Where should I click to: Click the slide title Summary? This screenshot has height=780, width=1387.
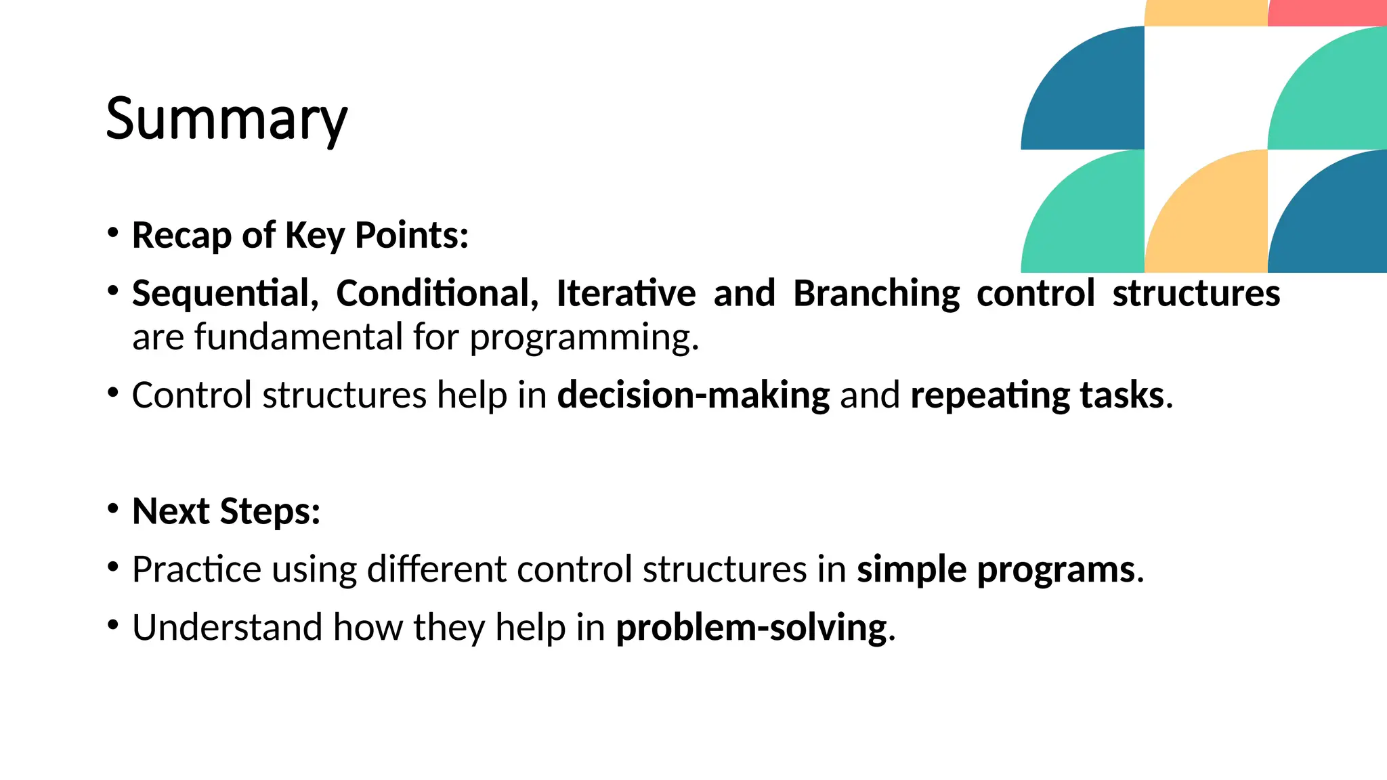pos(226,119)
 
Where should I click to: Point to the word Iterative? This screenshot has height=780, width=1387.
pos(626,294)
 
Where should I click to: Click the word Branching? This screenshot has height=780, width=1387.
pos(876,294)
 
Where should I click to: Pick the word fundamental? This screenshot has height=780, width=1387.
pos(299,337)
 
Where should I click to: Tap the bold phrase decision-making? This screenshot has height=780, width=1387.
pos(693,395)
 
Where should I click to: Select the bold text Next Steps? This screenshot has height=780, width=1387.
pos(226,511)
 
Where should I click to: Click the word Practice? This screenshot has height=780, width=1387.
pos(196,569)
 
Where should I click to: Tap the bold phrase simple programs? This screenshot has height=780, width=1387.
pos(996,569)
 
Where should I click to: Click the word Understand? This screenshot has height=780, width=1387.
pos(227,628)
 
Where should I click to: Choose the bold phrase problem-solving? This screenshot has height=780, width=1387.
pos(751,628)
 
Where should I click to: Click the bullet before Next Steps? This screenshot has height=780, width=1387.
pos(113,508)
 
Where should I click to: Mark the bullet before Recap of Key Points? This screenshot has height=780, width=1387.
pos(113,233)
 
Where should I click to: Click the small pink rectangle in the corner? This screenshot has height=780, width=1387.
pos(1327,12)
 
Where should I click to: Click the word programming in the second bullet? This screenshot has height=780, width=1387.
pos(584,337)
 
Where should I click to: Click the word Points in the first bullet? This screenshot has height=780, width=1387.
pos(411,236)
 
